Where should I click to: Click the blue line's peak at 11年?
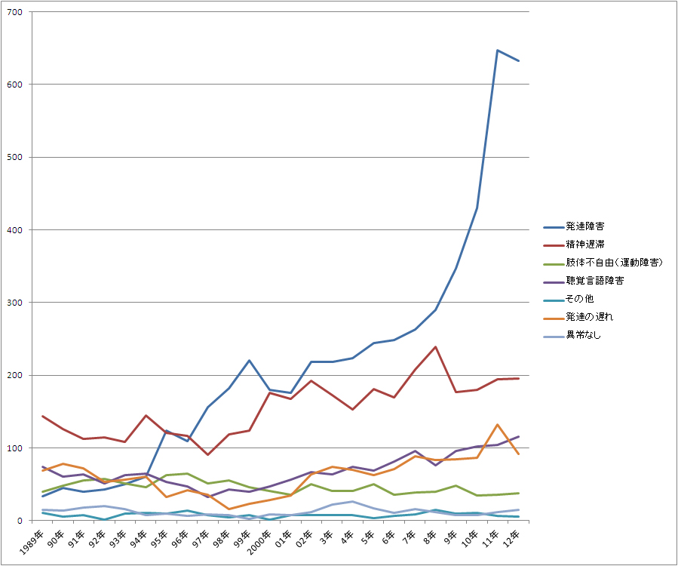coord(498,51)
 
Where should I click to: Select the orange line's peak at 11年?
coord(498,425)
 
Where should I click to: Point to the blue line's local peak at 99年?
coord(250,360)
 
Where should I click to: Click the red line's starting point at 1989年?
coord(43,416)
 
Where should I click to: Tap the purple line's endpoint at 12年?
coord(519,436)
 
